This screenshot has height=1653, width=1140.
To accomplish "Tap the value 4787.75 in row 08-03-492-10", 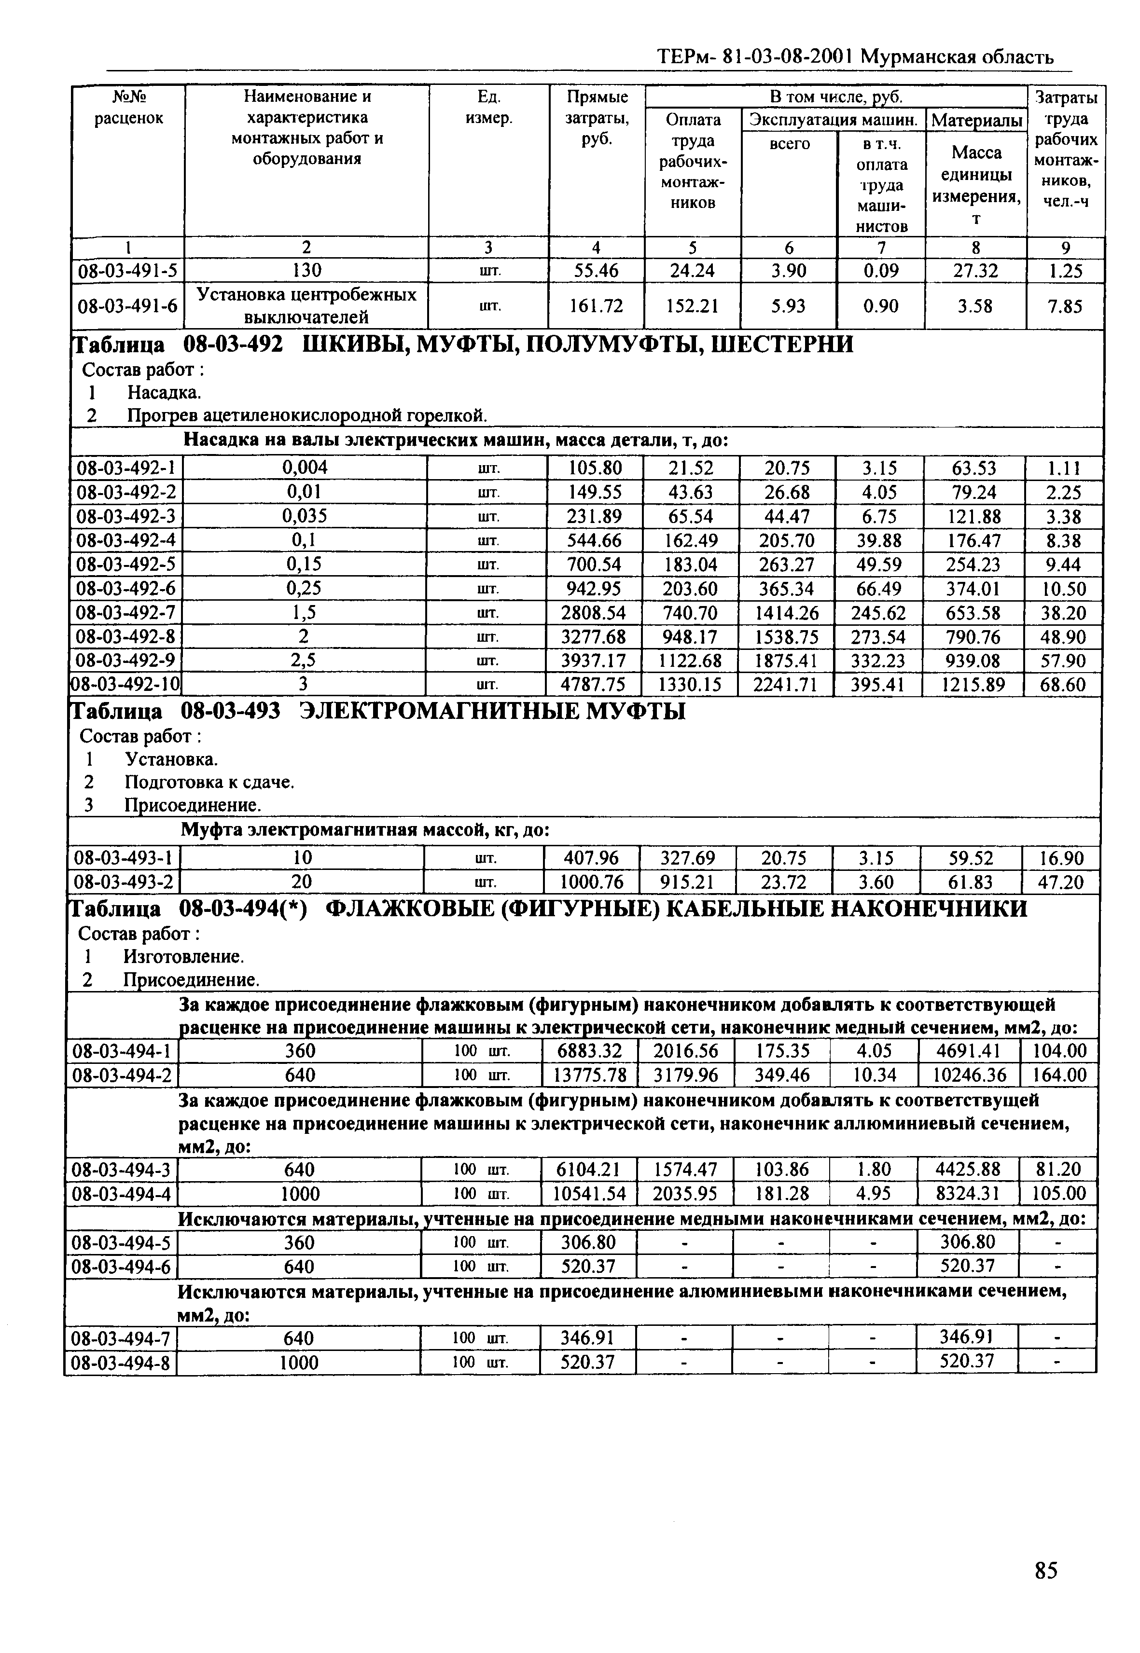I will pos(593,685).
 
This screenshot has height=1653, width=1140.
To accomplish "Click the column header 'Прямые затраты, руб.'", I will pos(597,118).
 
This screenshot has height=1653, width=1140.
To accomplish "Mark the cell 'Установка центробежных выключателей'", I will pos(306,305).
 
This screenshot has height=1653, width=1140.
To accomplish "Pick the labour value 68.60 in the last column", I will pos(1062,685).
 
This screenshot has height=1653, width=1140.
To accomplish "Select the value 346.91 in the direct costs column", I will pos(587,1337).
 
